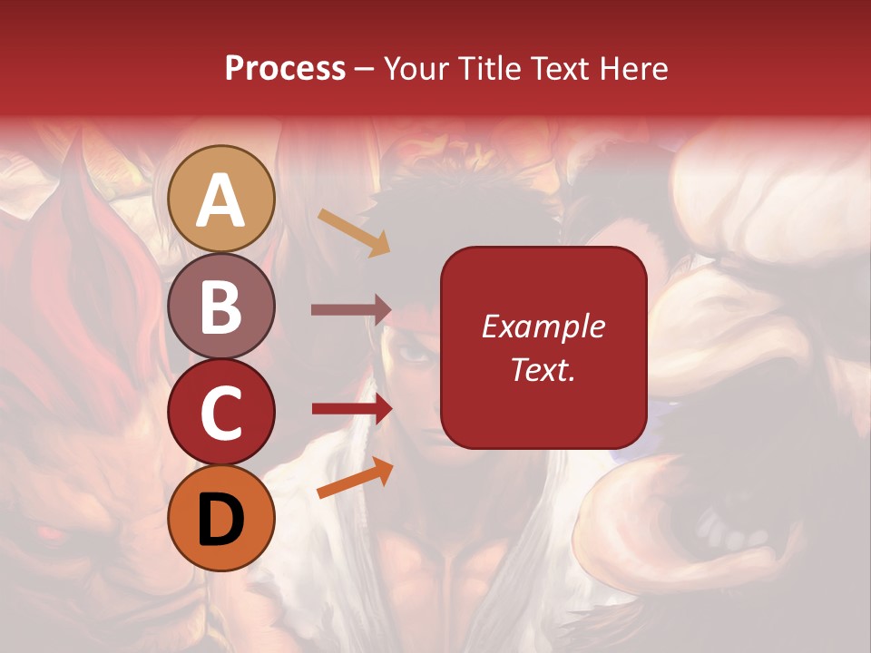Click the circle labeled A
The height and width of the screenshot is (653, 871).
(221, 199)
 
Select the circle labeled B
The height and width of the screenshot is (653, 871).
(221, 306)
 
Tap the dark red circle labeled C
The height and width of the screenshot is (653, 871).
(221, 412)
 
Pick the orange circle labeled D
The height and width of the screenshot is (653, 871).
(221, 518)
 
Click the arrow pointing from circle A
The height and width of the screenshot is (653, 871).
(354, 232)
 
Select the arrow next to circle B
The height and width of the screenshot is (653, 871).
(351, 310)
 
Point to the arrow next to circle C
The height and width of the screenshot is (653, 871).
(351, 409)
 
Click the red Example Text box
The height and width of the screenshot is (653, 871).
(543, 347)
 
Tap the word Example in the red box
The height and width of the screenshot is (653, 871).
(543, 326)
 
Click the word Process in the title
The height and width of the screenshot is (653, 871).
(285, 69)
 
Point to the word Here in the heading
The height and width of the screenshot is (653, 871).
(634, 69)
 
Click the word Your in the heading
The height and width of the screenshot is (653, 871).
(415, 69)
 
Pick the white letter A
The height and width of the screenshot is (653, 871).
(221, 200)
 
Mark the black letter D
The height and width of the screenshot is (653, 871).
(221, 519)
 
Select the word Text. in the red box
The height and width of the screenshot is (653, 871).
(543, 369)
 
